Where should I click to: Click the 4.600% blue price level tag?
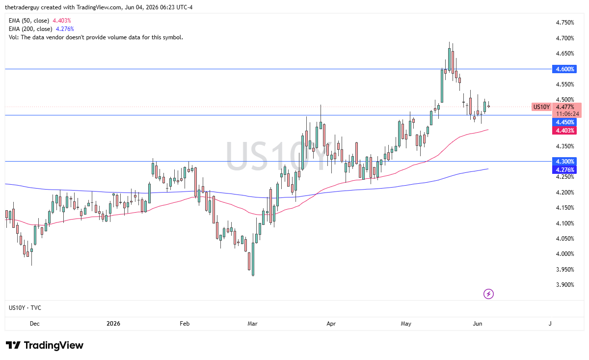(564, 69)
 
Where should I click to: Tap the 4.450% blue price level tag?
(564, 122)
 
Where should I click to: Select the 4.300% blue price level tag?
(564, 161)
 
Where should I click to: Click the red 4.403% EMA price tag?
(564, 131)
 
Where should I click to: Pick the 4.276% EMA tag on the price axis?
(564, 170)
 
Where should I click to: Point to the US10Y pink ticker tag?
(541, 107)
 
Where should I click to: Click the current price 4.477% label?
(565, 107)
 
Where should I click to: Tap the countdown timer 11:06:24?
(568, 114)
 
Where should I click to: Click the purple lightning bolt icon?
(488, 294)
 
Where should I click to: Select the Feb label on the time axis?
(185, 324)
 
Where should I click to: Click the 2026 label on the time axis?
(113, 324)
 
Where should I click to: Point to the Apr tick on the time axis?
(331, 324)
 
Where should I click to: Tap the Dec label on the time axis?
(35, 324)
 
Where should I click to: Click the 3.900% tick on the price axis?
(565, 285)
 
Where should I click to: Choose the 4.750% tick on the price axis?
(565, 23)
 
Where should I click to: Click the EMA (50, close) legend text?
(29, 21)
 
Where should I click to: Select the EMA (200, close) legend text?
(30, 29)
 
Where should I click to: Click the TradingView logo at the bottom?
(45, 345)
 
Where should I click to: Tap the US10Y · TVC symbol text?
(25, 308)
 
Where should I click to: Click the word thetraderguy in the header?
(22, 7)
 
